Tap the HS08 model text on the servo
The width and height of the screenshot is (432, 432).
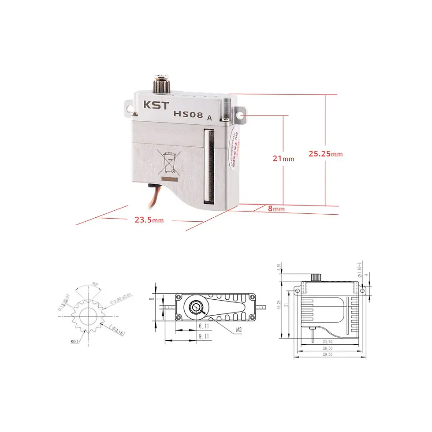tap(188, 114)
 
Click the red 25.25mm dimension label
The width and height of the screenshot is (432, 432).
tap(325, 154)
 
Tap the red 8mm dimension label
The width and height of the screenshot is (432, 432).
tap(276, 209)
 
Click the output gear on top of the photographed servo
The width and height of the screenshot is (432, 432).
tap(160, 83)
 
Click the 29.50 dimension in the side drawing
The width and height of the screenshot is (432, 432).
tap(327, 354)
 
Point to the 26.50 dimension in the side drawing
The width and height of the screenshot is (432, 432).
tap(327, 348)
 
